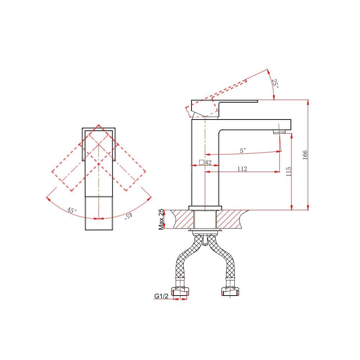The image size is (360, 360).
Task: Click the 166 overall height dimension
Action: (x=305, y=155)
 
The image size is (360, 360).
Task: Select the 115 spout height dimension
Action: (x=289, y=171)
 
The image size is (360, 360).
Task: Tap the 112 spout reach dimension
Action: (x=242, y=169)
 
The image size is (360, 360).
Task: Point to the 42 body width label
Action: (x=208, y=162)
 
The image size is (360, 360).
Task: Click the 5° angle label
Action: (x=243, y=150)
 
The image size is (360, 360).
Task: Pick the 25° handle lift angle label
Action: (x=275, y=84)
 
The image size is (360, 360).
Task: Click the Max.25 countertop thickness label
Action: (x=161, y=219)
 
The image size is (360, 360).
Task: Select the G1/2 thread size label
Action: (x=161, y=296)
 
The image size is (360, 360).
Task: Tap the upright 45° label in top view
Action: (x=72, y=210)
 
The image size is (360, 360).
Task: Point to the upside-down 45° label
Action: (x=129, y=216)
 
